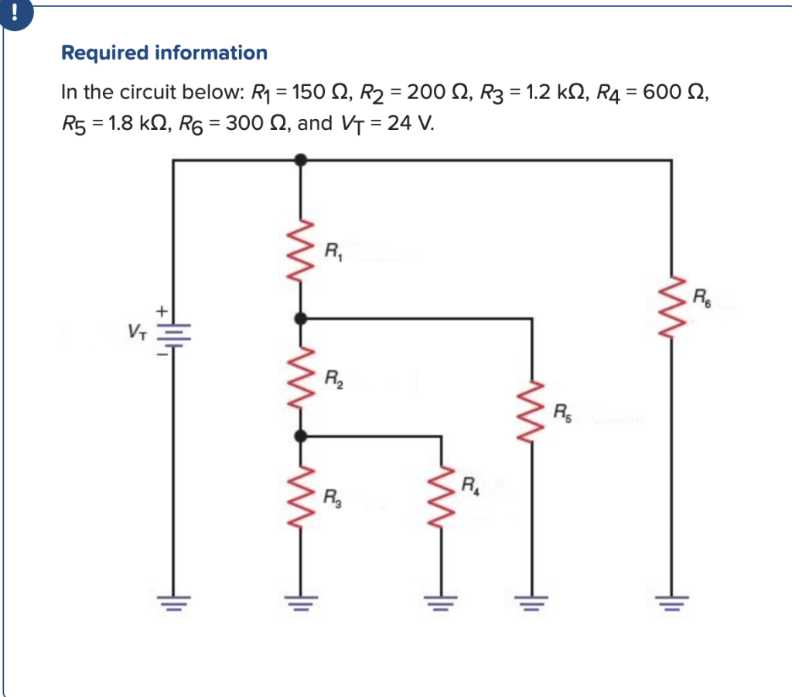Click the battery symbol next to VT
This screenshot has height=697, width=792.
click(x=172, y=333)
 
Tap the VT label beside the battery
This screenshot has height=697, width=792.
click(x=136, y=333)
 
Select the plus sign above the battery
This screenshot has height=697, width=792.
click(x=162, y=310)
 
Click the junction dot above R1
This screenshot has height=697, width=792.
click(x=302, y=160)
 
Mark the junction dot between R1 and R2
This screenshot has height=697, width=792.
click(x=302, y=318)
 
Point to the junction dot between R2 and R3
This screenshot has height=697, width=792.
click(x=302, y=436)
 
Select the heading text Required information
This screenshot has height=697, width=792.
click(x=164, y=53)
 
